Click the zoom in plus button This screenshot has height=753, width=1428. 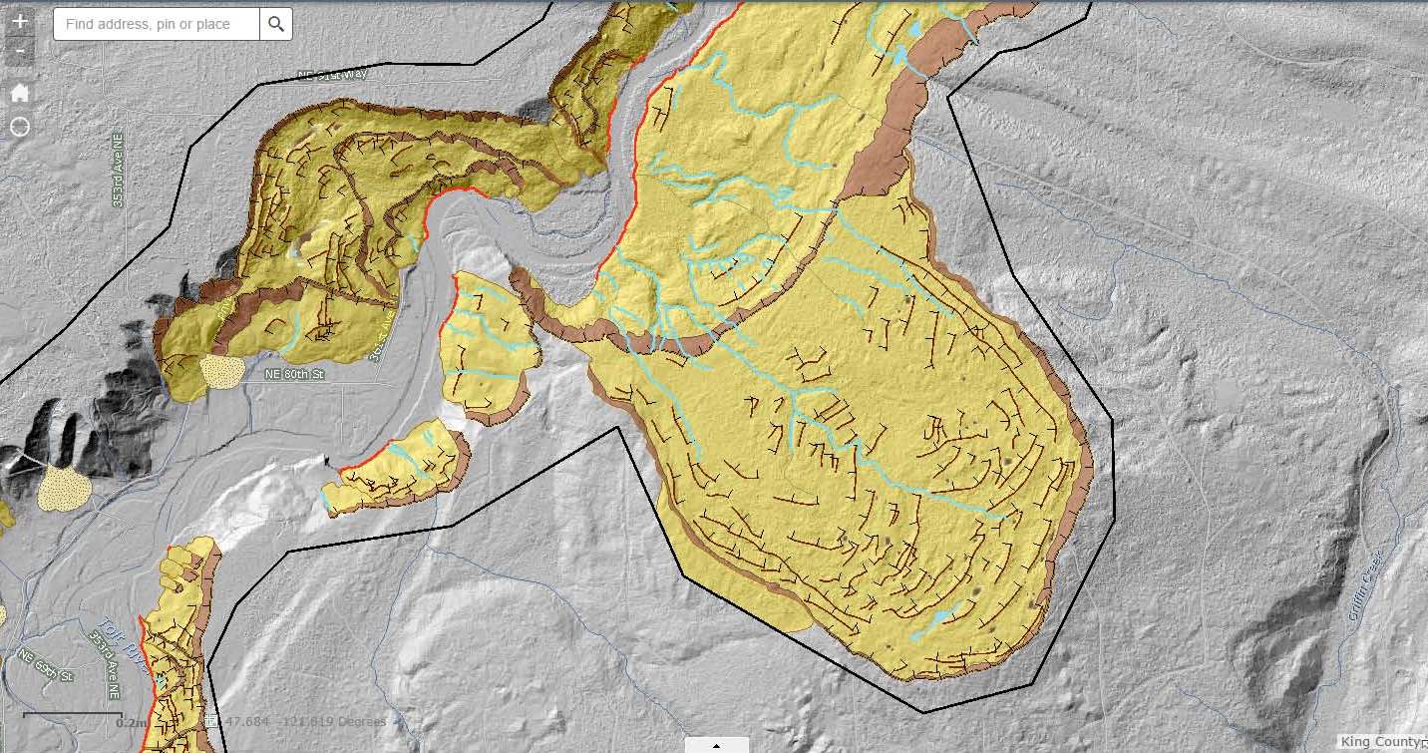[x=20, y=20]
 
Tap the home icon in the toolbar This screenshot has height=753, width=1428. [x=20, y=93]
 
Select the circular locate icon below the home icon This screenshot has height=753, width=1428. [x=20, y=127]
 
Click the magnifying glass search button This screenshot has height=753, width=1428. [x=276, y=24]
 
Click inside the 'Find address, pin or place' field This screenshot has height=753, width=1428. [x=157, y=24]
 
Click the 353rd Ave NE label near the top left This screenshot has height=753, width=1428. [x=118, y=170]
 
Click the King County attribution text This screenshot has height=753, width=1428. [x=1382, y=742]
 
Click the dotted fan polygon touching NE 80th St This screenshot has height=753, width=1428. [x=222, y=370]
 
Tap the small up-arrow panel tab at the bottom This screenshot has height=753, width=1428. [x=716, y=744]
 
